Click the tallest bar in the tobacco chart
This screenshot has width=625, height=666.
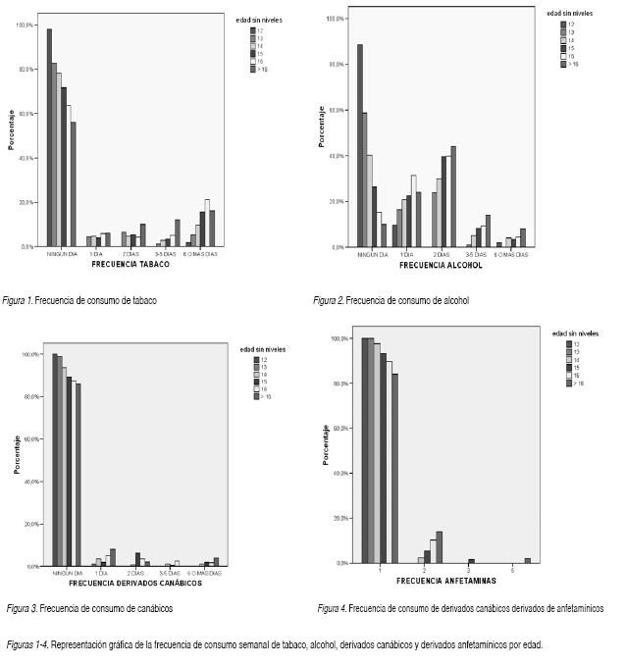click(49, 137)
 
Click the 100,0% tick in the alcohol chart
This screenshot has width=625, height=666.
click(333, 19)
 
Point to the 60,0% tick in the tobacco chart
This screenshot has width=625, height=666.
click(25, 114)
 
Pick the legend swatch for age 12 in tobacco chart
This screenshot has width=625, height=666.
click(253, 30)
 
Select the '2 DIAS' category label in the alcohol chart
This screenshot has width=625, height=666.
click(443, 255)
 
